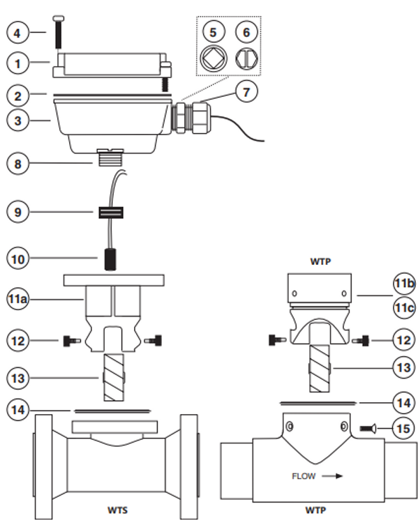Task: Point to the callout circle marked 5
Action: click(214, 31)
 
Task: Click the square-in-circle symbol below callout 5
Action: click(214, 58)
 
